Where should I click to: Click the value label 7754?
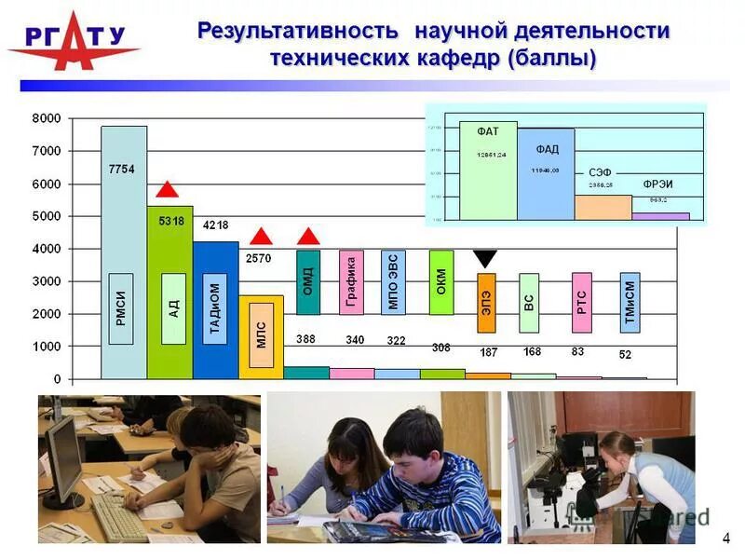click(x=122, y=169)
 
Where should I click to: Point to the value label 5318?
click(x=171, y=221)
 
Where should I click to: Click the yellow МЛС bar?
click(x=261, y=336)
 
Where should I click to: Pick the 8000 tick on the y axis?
click(x=46, y=118)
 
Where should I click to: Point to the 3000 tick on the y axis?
click(x=46, y=281)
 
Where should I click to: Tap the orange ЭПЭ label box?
click(x=487, y=303)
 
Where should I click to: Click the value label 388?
click(x=306, y=340)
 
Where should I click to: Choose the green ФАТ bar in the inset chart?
click(x=488, y=170)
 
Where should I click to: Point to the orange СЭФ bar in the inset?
click(x=603, y=207)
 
